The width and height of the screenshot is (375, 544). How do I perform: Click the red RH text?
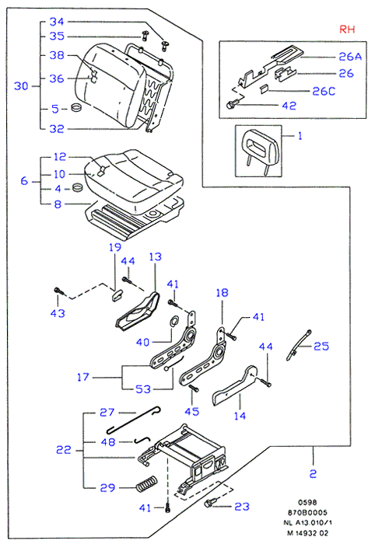point(347,30)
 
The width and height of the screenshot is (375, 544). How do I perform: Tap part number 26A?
point(350,57)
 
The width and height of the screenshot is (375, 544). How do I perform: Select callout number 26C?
point(324,91)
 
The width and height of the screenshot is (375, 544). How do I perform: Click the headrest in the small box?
point(258,148)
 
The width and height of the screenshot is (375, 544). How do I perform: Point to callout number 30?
point(21,85)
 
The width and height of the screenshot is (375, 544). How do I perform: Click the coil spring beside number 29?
point(146,483)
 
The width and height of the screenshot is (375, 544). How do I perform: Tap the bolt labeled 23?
point(210,502)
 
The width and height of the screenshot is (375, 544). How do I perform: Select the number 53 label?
point(143,389)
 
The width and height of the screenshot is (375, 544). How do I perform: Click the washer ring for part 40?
point(175,320)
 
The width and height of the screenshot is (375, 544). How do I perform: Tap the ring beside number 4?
point(78,188)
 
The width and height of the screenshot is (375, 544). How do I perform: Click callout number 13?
point(155,256)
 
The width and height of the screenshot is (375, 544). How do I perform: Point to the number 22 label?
point(64,450)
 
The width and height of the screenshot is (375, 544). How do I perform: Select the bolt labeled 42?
point(233,103)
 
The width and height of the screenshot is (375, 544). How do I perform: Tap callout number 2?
point(313,473)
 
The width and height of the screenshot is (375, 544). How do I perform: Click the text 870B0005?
point(307,512)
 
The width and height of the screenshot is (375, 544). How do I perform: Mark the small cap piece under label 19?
point(117,295)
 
